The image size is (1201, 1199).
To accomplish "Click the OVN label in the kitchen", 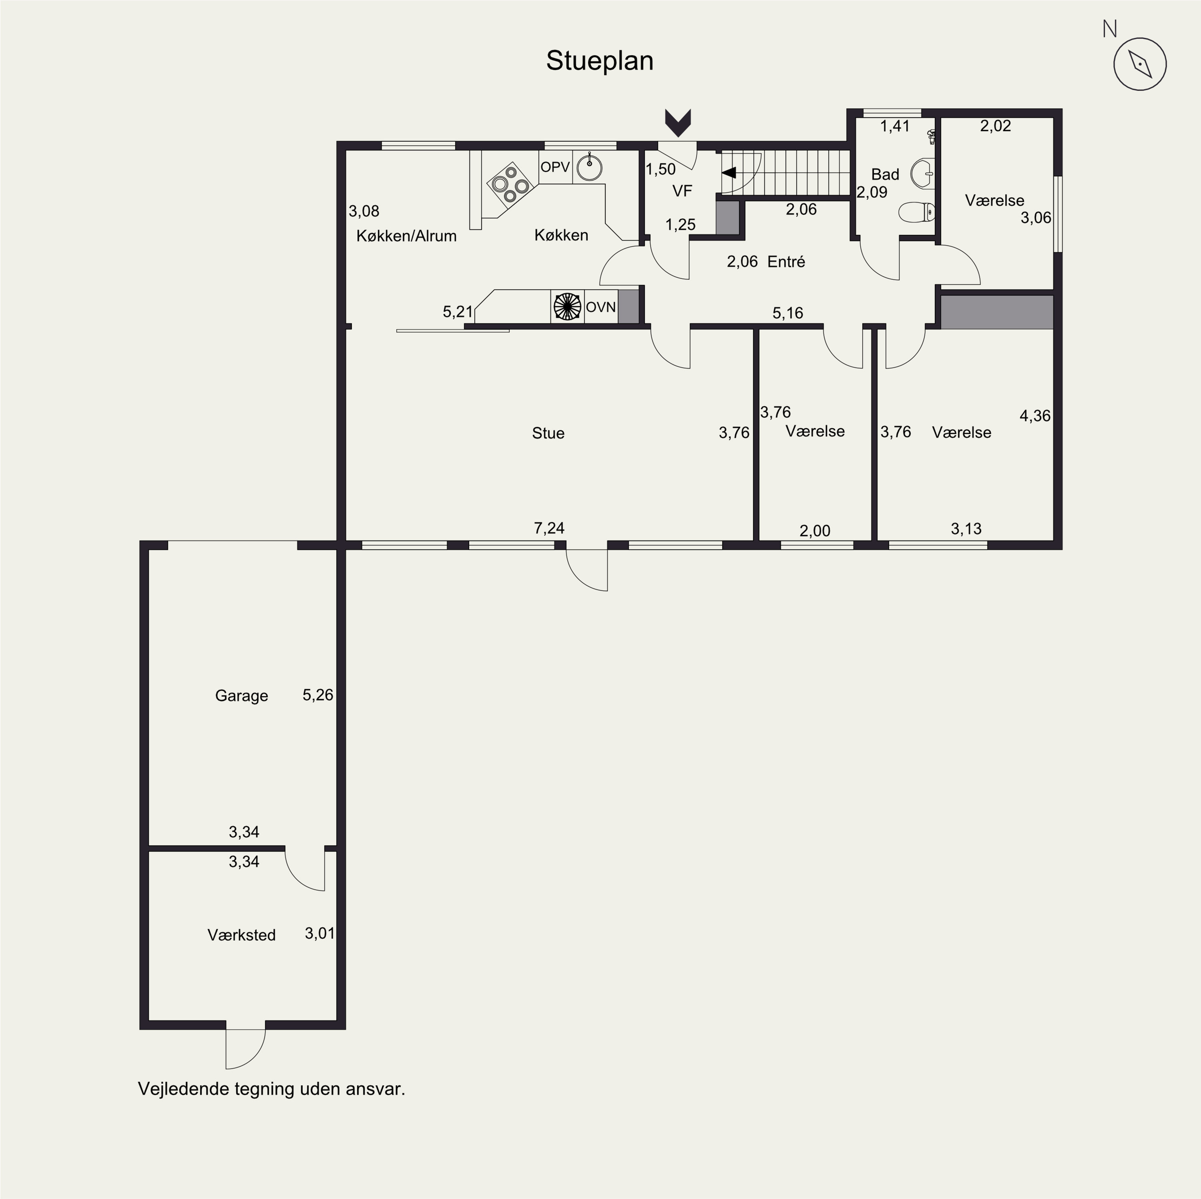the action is [600, 307].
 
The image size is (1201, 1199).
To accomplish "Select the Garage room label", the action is [241, 696].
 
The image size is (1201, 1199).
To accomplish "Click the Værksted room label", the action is [241, 935].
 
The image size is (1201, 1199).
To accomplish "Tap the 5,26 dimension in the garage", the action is [317, 695].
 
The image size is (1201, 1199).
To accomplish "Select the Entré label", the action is [786, 262].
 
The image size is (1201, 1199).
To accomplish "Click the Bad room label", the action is [885, 174].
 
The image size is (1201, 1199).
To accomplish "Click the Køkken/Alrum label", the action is [407, 236].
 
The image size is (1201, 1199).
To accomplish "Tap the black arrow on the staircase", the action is [729, 173].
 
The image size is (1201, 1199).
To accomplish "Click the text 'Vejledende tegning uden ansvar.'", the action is [272, 1089].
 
